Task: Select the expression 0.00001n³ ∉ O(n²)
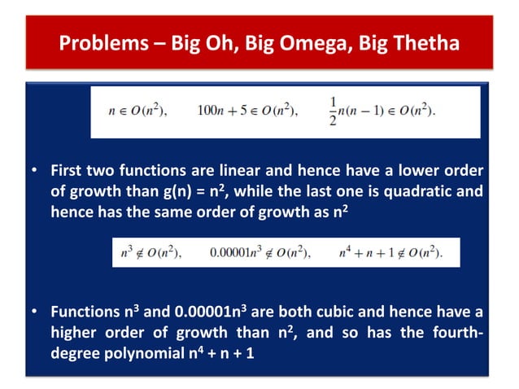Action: (259, 253)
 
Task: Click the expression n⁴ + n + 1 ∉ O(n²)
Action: (390, 253)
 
